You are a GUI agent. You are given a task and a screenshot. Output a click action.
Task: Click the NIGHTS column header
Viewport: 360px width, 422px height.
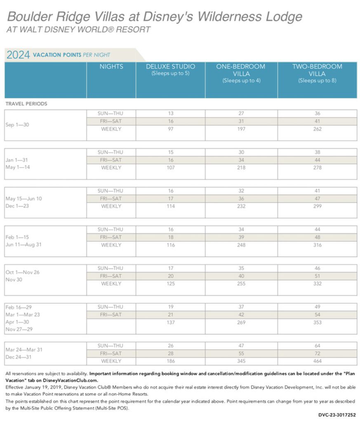click(x=111, y=66)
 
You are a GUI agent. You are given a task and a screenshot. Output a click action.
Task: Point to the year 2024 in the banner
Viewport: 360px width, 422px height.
click(x=18, y=55)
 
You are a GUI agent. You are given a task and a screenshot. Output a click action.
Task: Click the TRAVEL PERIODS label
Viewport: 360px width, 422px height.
click(x=26, y=104)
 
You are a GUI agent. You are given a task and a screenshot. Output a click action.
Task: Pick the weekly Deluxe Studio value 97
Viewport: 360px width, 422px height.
click(x=170, y=129)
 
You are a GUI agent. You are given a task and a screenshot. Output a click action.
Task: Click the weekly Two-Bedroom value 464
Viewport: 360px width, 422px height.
click(x=317, y=361)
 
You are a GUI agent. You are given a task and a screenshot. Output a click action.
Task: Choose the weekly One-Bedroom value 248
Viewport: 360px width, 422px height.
click(x=241, y=245)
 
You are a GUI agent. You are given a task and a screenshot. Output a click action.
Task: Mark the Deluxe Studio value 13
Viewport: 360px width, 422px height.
click(x=170, y=113)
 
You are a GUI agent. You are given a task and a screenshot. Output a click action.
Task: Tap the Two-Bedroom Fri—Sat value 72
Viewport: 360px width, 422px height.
click(x=317, y=353)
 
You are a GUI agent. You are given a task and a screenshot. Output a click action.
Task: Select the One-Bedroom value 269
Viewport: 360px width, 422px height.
click(x=241, y=322)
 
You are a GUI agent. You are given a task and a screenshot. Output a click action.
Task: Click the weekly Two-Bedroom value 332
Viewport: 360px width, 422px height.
click(x=317, y=284)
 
